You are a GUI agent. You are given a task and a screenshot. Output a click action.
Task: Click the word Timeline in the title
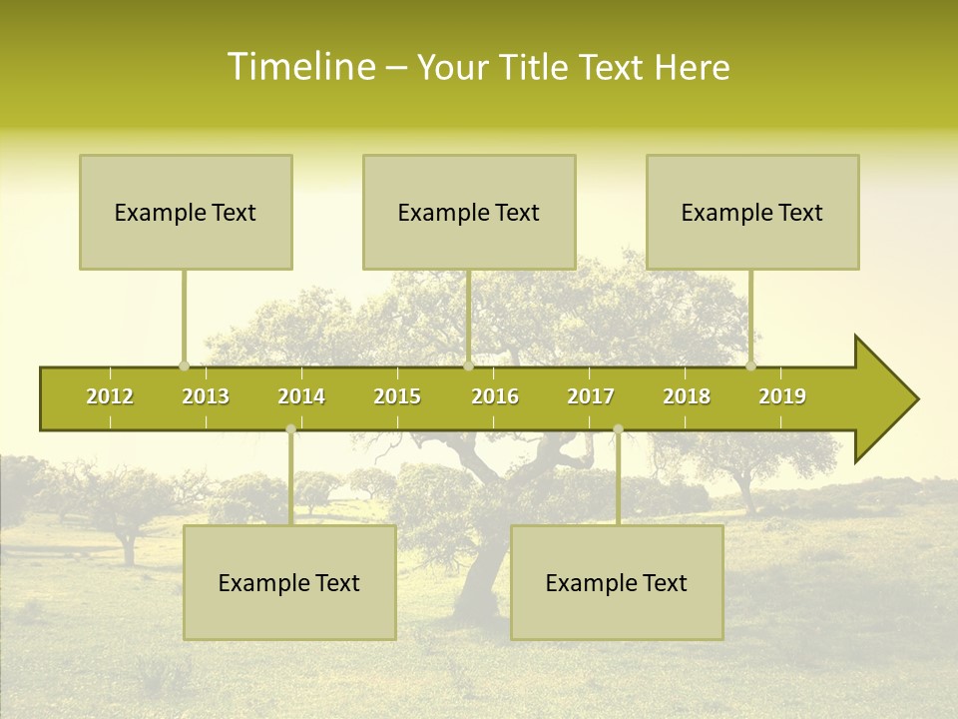pos(299,67)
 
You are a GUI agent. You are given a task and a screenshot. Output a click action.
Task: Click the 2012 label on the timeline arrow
pos(110,396)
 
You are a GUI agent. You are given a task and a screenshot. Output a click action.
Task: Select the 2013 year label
pos(206,396)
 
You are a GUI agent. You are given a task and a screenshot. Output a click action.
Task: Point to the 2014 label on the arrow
pos(301,396)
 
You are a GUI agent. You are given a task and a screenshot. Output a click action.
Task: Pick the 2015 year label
pos(397,396)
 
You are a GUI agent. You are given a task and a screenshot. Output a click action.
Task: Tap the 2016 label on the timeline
pos(495,396)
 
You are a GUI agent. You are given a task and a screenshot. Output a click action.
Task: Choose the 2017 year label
pos(591,396)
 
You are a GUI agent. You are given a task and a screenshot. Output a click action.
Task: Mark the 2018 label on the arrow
pos(687,396)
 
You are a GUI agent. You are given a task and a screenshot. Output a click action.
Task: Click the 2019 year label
pos(782,396)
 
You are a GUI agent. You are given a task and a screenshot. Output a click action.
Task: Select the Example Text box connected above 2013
pos(186,212)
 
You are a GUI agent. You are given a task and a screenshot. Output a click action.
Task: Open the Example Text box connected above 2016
pos(469,212)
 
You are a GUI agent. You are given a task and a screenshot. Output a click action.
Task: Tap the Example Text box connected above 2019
pos(752,212)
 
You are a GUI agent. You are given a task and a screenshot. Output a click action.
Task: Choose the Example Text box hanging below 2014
pos(289,582)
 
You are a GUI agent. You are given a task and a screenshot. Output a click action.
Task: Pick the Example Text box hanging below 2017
pos(617,582)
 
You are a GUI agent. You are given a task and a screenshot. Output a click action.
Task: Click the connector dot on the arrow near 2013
pos(184,366)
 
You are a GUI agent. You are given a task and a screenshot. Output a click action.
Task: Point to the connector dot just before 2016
pos(468,366)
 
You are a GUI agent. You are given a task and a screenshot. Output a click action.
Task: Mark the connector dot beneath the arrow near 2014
pos(290,429)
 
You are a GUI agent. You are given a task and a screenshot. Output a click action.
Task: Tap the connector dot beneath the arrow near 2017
pos(618,429)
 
